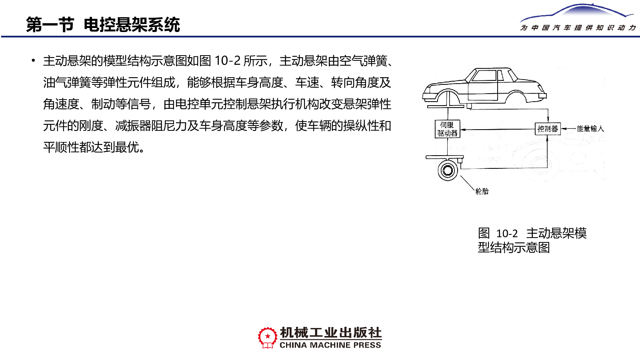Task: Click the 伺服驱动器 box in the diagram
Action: (x=448, y=129)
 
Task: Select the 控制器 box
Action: (x=548, y=129)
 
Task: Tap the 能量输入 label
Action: (x=590, y=129)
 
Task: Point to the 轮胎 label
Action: (x=482, y=192)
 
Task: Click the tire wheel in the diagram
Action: (x=448, y=170)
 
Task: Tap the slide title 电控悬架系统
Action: (x=132, y=24)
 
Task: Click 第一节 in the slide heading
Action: (x=50, y=24)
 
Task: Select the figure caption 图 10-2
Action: (x=498, y=234)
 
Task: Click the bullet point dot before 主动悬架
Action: (x=34, y=60)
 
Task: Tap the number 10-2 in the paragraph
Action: (x=227, y=61)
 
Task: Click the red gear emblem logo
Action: (x=268, y=338)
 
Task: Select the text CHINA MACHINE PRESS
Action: (x=330, y=345)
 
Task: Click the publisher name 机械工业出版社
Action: (x=330, y=333)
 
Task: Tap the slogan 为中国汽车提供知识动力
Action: (x=578, y=28)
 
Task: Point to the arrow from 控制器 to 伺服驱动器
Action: (x=498, y=130)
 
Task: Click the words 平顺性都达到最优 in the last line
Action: (x=91, y=148)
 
